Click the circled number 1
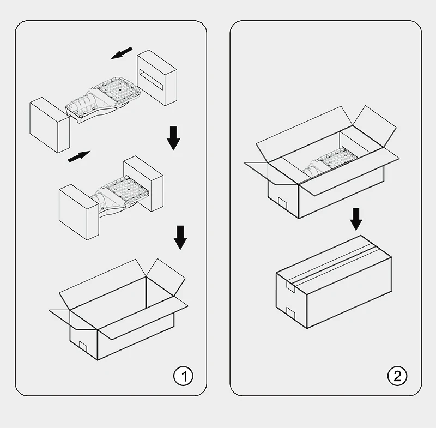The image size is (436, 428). click(x=183, y=376)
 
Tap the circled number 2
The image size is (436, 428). click(x=397, y=376)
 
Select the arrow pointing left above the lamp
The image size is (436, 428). click(x=122, y=53)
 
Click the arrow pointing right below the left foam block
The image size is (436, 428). click(x=79, y=156)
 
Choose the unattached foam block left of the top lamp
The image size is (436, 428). click(x=50, y=125)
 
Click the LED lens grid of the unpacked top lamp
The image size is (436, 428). click(x=119, y=91)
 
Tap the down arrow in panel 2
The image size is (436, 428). click(x=356, y=219)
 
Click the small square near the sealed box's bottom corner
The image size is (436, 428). click(x=290, y=313)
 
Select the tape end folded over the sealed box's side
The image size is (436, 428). click(x=290, y=286)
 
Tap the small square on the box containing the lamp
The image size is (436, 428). click(x=282, y=203)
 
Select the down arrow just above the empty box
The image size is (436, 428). click(x=180, y=238)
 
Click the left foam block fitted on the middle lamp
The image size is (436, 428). click(x=79, y=212)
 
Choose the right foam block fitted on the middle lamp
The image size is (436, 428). click(x=143, y=184)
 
